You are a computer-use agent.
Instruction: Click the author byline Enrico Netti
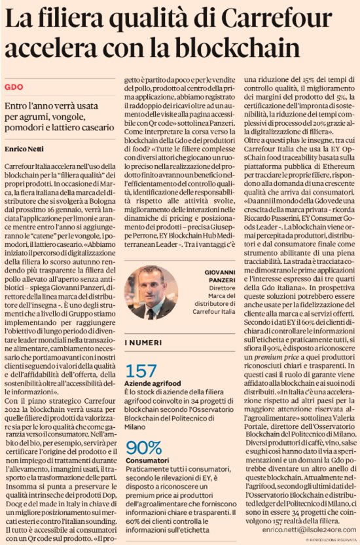pyautogui.click(x=24, y=149)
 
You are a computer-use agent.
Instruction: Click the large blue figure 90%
pyautogui.click(x=144, y=449)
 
